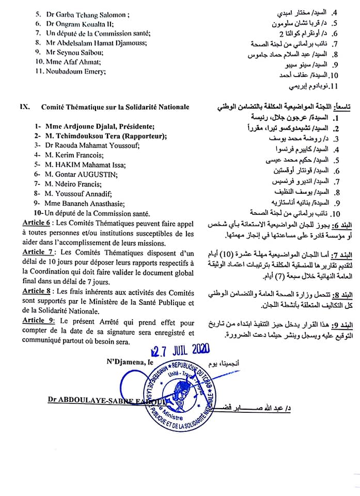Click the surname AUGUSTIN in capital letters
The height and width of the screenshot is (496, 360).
click(x=99, y=174)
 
